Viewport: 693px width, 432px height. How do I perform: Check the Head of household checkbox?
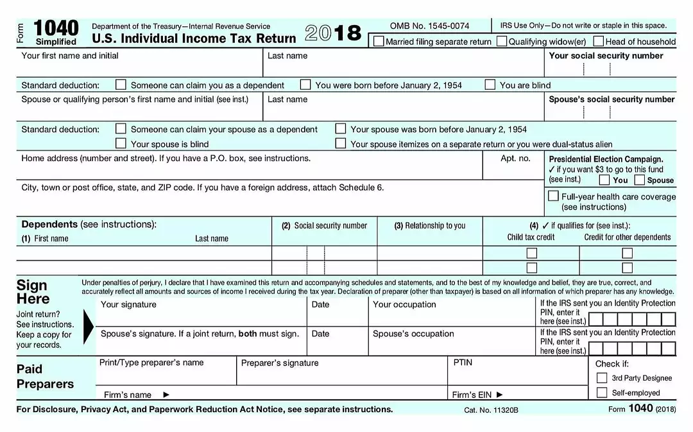(x=599, y=41)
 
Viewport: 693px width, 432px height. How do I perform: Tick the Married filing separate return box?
(x=379, y=41)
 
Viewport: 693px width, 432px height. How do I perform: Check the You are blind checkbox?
(x=490, y=84)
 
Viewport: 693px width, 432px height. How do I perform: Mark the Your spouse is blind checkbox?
(x=121, y=143)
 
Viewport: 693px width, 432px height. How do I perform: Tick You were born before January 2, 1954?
(x=305, y=84)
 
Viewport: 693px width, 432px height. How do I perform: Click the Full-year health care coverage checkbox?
(x=553, y=196)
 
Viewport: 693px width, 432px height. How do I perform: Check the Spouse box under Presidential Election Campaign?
(x=640, y=180)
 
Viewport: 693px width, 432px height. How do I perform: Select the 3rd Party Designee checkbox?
(x=602, y=377)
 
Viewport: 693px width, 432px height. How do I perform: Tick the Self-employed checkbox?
(x=602, y=392)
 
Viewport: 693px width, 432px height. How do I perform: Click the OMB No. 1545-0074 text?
(x=429, y=26)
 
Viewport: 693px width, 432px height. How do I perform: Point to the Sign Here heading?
(x=33, y=292)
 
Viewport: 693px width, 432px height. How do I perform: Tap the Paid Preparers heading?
(x=45, y=377)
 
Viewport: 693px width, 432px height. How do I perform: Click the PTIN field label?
(x=463, y=363)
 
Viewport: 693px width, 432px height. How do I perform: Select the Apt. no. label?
(x=515, y=159)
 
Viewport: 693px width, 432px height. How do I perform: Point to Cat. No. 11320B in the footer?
(x=491, y=410)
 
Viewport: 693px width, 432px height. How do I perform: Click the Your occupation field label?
(x=404, y=305)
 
